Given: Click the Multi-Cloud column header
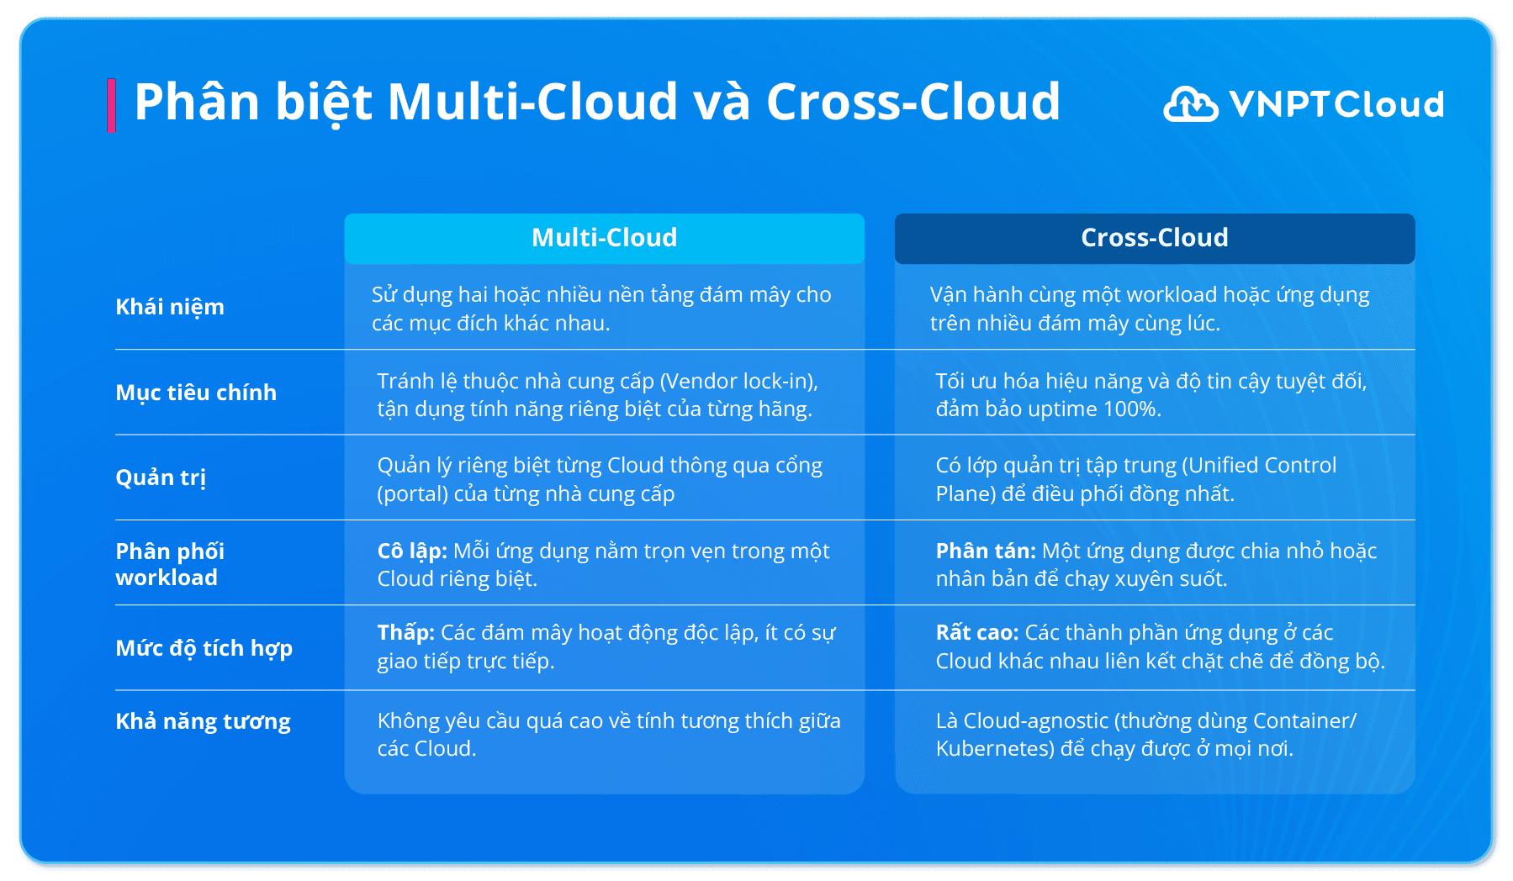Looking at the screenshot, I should tap(604, 238).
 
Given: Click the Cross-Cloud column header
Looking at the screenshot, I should tap(1154, 238).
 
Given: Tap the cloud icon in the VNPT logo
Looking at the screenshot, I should tap(1190, 104).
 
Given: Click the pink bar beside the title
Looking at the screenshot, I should tap(111, 105).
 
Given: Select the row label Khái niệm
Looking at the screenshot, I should tap(170, 307).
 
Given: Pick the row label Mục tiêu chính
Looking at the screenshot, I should tap(196, 393).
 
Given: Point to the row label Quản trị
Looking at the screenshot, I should tap(161, 477).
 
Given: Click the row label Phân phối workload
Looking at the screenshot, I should tap(170, 564).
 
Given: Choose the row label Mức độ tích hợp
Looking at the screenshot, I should tap(204, 648).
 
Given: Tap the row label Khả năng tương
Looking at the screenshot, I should tap(203, 721).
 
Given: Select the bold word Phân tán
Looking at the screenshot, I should tap(986, 551).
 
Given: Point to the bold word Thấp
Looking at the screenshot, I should tap(405, 633).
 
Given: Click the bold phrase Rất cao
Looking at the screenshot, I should tap(977, 633).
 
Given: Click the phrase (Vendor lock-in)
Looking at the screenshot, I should tap(739, 382).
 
